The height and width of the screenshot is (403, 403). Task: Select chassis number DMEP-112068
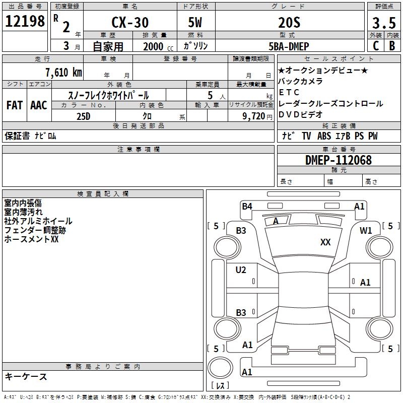click(x=339, y=160)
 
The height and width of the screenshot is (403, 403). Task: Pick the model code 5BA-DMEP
click(x=289, y=46)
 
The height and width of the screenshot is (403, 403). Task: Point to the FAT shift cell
click(x=15, y=105)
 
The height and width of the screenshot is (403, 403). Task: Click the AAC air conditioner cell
click(x=39, y=105)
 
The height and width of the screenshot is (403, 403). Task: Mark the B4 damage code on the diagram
click(x=247, y=206)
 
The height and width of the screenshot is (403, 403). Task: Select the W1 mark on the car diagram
click(x=365, y=231)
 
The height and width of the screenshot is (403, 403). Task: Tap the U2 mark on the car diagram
click(x=241, y=270)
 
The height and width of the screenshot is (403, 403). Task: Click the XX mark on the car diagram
click(x=325, y=242)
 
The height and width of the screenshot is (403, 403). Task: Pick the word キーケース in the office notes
click(x=26, y=377)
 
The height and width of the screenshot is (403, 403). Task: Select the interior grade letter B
click(x=392, y=46)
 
